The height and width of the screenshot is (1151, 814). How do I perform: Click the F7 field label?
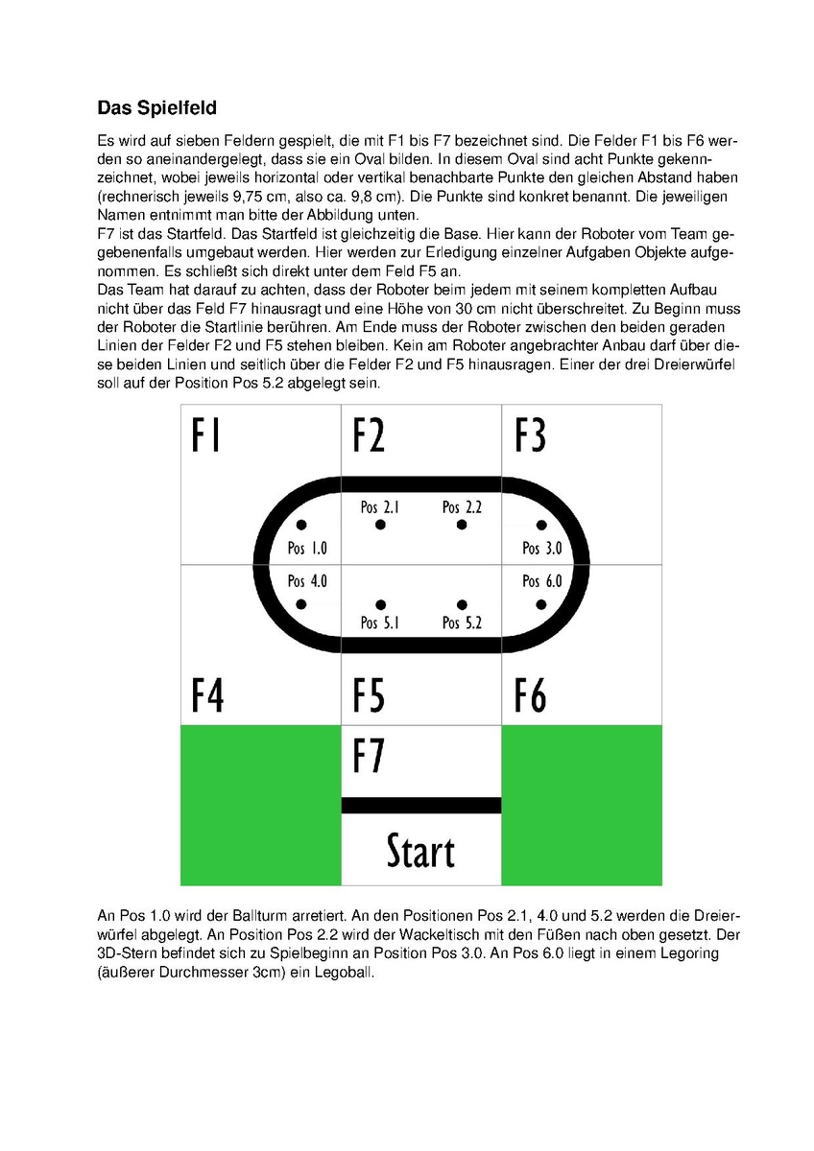370,755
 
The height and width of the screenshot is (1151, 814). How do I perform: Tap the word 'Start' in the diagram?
420,851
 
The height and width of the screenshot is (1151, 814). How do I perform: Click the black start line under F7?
421,805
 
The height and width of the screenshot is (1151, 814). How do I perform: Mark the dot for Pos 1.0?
301,525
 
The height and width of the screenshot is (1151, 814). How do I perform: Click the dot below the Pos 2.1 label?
381,526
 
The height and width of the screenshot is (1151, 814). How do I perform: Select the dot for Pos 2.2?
462,526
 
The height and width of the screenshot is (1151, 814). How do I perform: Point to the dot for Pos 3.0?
541,525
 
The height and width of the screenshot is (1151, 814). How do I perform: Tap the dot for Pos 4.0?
301,603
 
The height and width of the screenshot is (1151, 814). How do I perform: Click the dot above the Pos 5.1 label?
381,603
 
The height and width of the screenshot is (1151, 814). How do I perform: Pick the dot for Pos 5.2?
462,603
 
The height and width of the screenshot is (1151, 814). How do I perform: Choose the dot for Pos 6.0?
541,603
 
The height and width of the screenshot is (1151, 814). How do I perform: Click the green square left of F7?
260,806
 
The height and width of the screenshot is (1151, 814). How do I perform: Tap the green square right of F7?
582,806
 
